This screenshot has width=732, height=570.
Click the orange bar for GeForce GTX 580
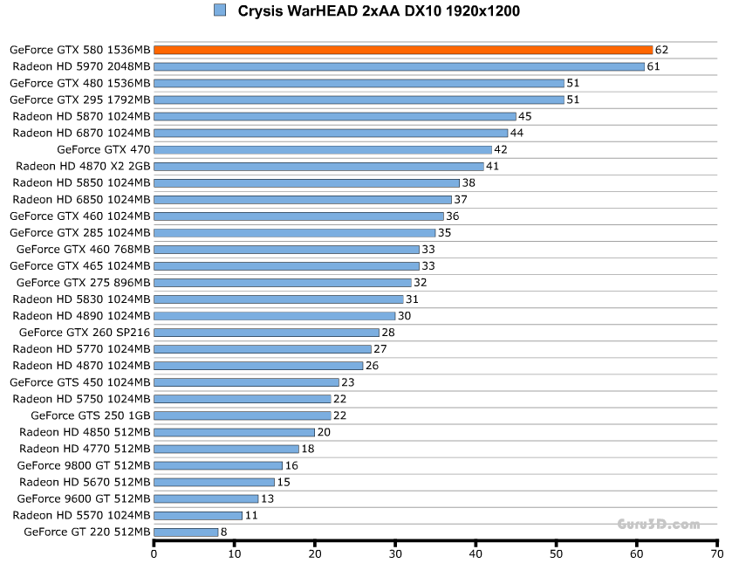click(403, 50)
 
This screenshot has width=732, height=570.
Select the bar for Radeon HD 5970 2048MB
click(399, 66)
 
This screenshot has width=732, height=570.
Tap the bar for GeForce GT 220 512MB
click(186, 532)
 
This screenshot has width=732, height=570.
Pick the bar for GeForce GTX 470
click(323, 149)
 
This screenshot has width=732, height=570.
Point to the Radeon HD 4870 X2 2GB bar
click(318, 166)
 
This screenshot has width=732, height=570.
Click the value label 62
click(661, 50)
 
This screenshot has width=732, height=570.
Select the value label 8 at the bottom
click(224, 532)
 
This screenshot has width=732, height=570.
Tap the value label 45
click(524, 116)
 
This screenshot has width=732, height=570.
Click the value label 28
click(387, 333)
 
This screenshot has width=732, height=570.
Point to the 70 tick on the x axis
click(717, 553)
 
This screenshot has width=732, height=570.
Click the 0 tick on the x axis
click(154, 553)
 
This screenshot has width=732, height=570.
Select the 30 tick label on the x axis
click(395, 553)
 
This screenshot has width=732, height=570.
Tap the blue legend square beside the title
click(219, 10)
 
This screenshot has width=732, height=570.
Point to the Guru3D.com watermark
click(659, 525)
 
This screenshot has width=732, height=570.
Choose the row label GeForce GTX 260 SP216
click(85, 333)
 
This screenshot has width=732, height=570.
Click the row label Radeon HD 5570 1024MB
click(82, 515)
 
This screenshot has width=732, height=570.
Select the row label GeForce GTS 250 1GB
click(91, 415)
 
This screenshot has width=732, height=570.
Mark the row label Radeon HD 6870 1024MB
click(82, 133)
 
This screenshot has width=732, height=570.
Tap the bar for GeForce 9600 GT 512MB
click(206, 498)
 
